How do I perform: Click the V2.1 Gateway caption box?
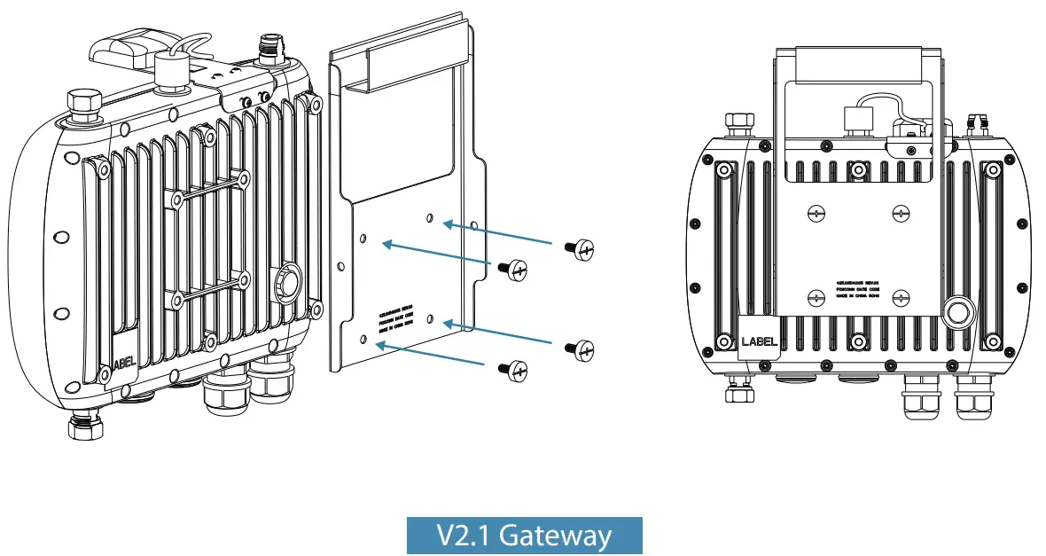click(524, 536)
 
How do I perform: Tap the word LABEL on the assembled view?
click(759, 341)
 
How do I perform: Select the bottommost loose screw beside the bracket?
click(514, 369)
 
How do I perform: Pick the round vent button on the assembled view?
click(956, 312)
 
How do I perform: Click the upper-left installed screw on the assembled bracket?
click(815, 213)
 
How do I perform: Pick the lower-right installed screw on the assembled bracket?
click(901, 297)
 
